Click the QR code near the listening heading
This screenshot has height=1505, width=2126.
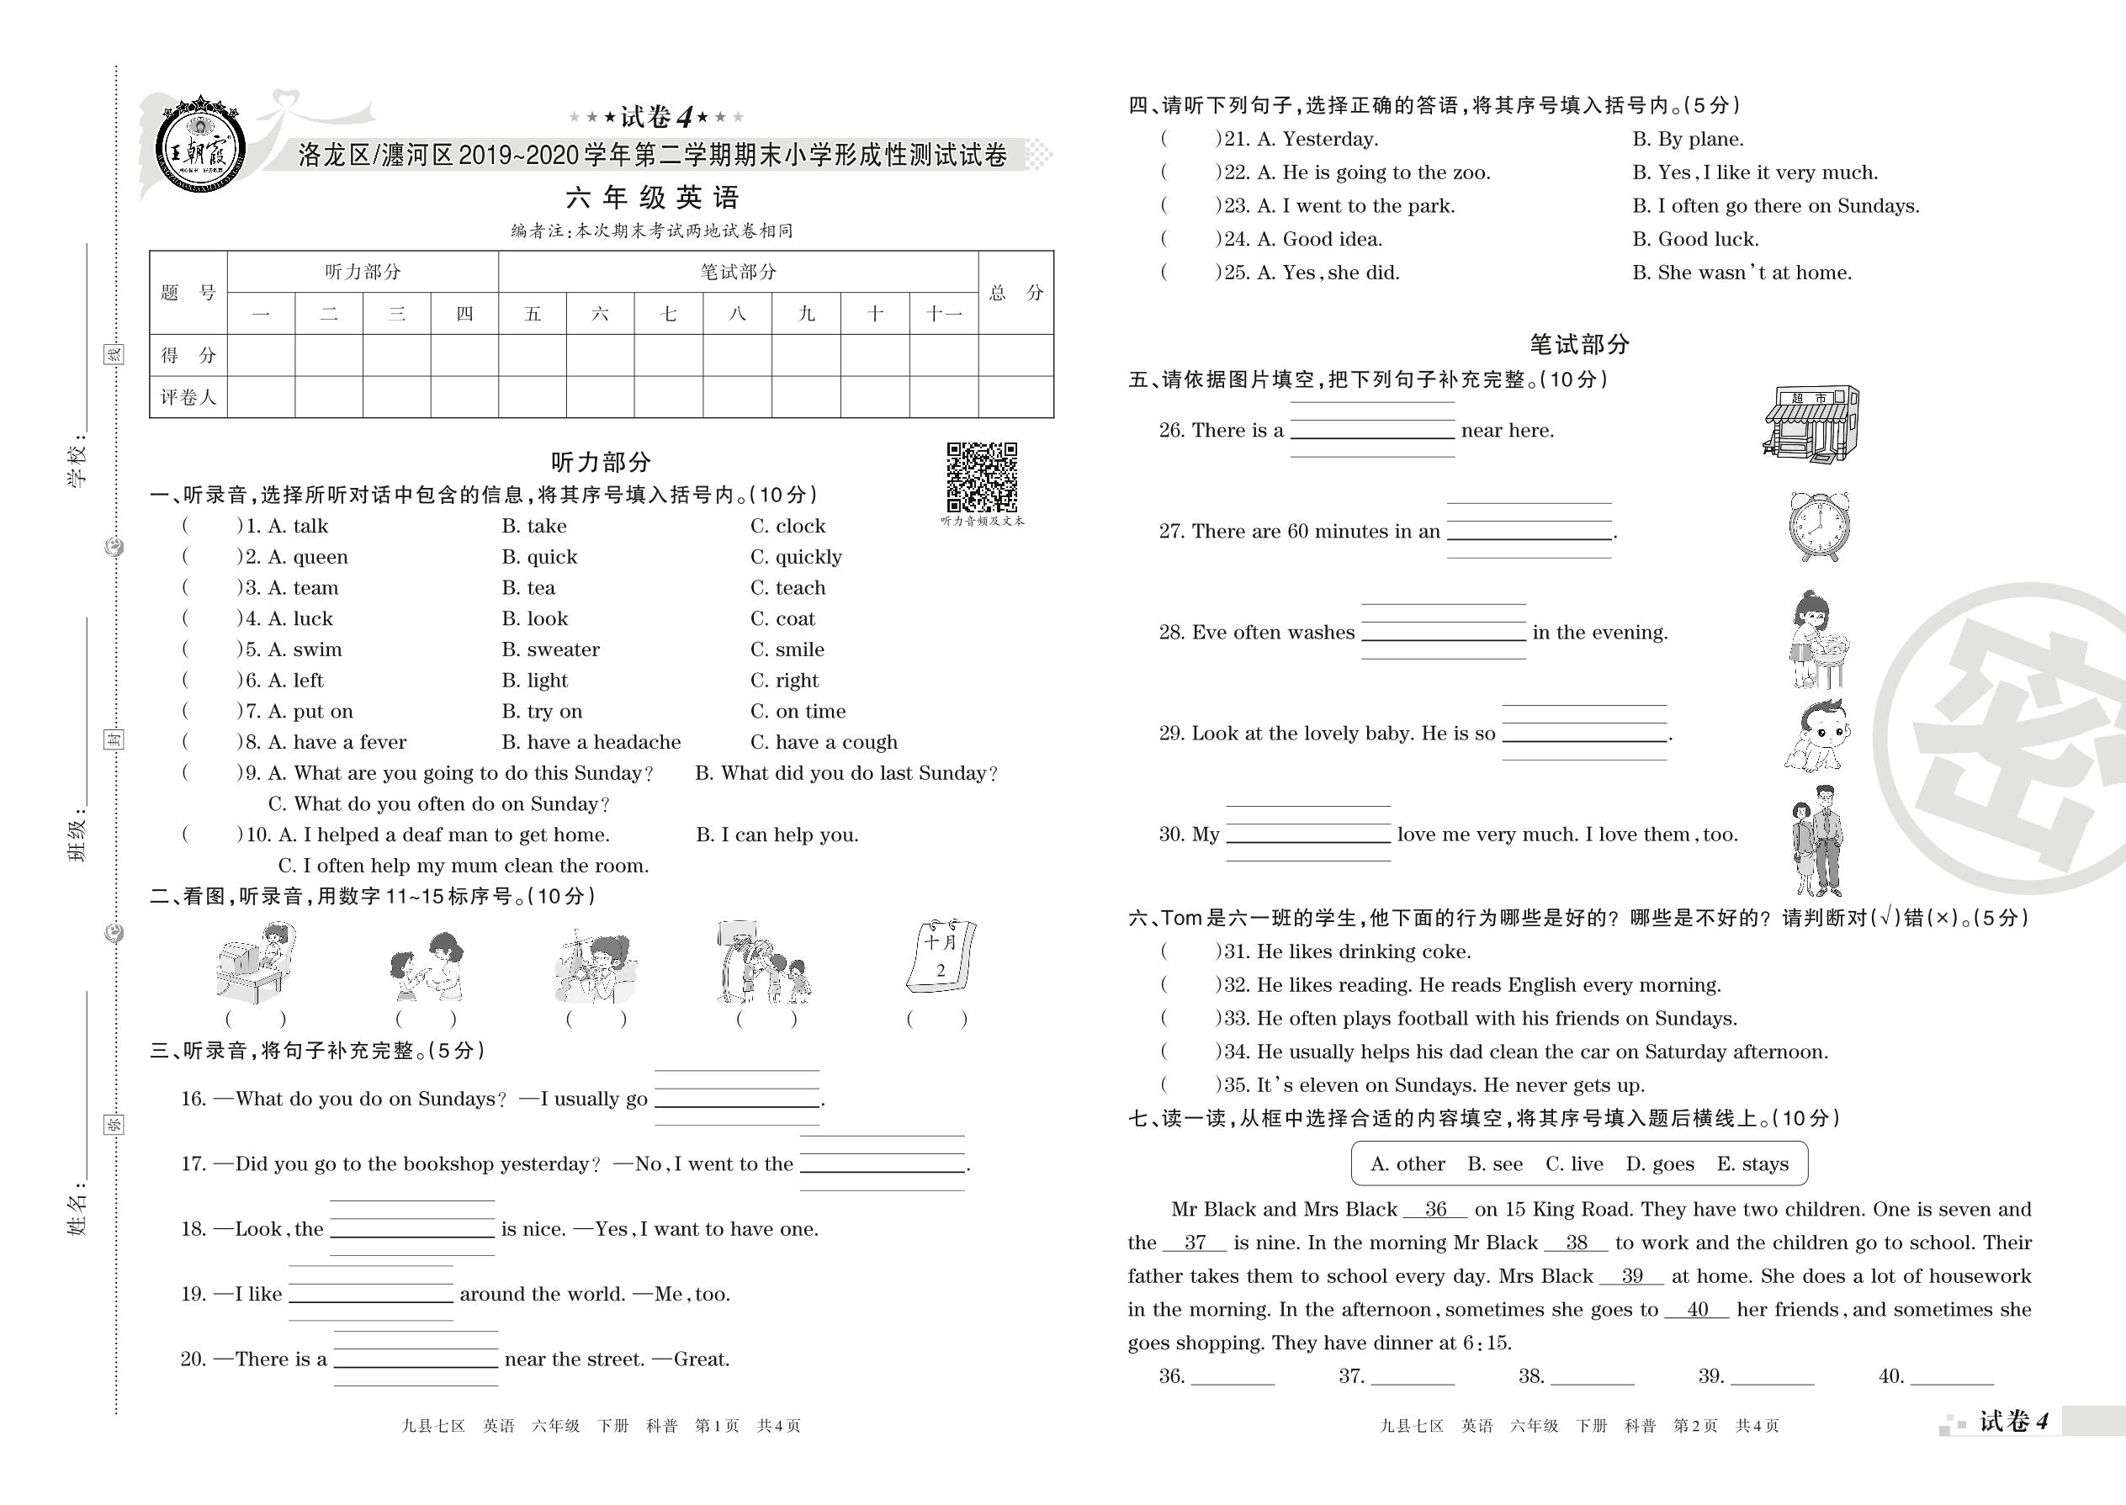click(982, 476)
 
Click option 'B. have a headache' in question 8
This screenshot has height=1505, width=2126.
click(591, 742)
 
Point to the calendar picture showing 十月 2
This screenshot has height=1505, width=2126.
click(941, 957)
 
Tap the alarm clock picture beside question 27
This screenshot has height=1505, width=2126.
click(1818, 527)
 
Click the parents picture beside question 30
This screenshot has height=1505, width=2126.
click(1816, 840)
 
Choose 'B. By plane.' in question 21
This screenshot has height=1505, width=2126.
click(1688, 139)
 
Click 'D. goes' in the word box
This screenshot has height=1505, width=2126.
click(1660, 1164)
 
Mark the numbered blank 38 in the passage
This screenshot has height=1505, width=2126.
click(1577, 1243)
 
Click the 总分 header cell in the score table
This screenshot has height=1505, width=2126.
click(1015, 293)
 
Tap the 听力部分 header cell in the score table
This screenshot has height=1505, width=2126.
click(363, 272)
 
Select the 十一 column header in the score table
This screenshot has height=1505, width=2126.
click(943, 314)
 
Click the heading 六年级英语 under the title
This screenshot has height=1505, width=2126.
click(653, 198)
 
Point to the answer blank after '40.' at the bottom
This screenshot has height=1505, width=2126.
click(1952, 1378)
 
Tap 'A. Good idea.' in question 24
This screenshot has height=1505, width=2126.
click(1319, 239)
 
